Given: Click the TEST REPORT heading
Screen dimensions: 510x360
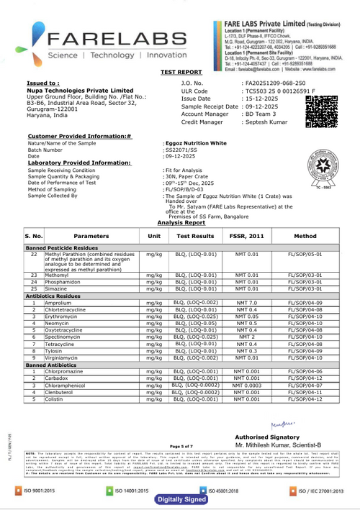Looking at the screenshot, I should click(181, 73).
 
